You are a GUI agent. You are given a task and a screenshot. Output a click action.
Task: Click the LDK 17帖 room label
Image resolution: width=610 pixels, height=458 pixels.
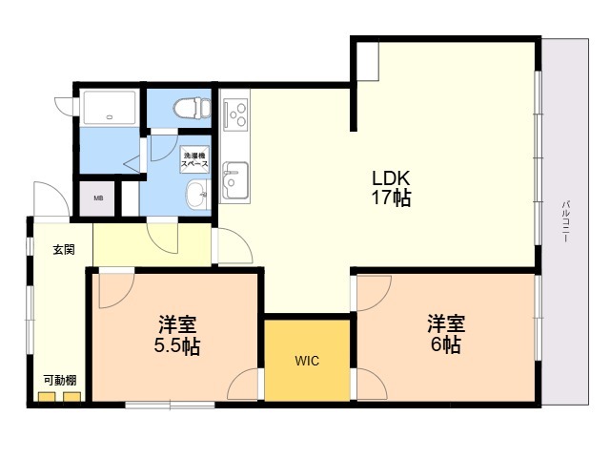point(392,188)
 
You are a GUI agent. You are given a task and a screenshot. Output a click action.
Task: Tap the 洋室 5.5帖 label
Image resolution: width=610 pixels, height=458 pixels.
point(177,335)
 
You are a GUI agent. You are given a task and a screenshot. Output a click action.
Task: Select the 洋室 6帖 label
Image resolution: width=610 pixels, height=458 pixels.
point(446,334)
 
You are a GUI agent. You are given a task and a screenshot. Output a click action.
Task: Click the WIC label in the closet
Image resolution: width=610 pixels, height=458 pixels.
point(307,361)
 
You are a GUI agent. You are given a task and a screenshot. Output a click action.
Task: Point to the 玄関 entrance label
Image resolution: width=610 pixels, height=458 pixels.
point(64,250)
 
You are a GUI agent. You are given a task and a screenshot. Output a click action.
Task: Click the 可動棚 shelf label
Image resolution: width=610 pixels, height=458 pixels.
point(59,380)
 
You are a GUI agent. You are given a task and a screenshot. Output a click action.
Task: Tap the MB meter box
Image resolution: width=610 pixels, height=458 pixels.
point(98,198)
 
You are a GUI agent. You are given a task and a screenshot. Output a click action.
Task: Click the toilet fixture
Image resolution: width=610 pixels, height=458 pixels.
point(193,108)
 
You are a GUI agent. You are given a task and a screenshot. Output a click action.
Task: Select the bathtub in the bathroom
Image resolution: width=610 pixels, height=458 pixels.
point(110,108)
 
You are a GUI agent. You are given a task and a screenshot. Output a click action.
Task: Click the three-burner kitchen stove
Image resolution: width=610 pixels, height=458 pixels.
point(235,114)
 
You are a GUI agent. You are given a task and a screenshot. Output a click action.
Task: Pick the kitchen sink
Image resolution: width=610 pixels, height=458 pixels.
point(235,180)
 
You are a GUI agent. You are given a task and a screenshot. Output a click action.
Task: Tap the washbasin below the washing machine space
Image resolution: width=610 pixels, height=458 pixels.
point(198,194)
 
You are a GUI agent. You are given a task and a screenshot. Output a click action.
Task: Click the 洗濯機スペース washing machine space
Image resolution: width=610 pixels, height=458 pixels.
point(194,159)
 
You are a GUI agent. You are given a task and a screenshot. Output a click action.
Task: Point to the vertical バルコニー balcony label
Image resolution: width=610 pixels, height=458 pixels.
point(565,221)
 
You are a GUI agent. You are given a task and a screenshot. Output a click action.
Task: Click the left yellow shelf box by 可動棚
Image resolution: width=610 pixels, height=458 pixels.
point(47,397)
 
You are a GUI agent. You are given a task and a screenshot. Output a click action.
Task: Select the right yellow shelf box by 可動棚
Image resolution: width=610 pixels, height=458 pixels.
point(72,397)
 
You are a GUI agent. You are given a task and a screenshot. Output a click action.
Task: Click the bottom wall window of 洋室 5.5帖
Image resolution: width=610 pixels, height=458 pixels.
point(170,405)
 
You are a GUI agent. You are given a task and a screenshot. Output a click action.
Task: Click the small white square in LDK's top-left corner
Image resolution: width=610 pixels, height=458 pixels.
point(368,61)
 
